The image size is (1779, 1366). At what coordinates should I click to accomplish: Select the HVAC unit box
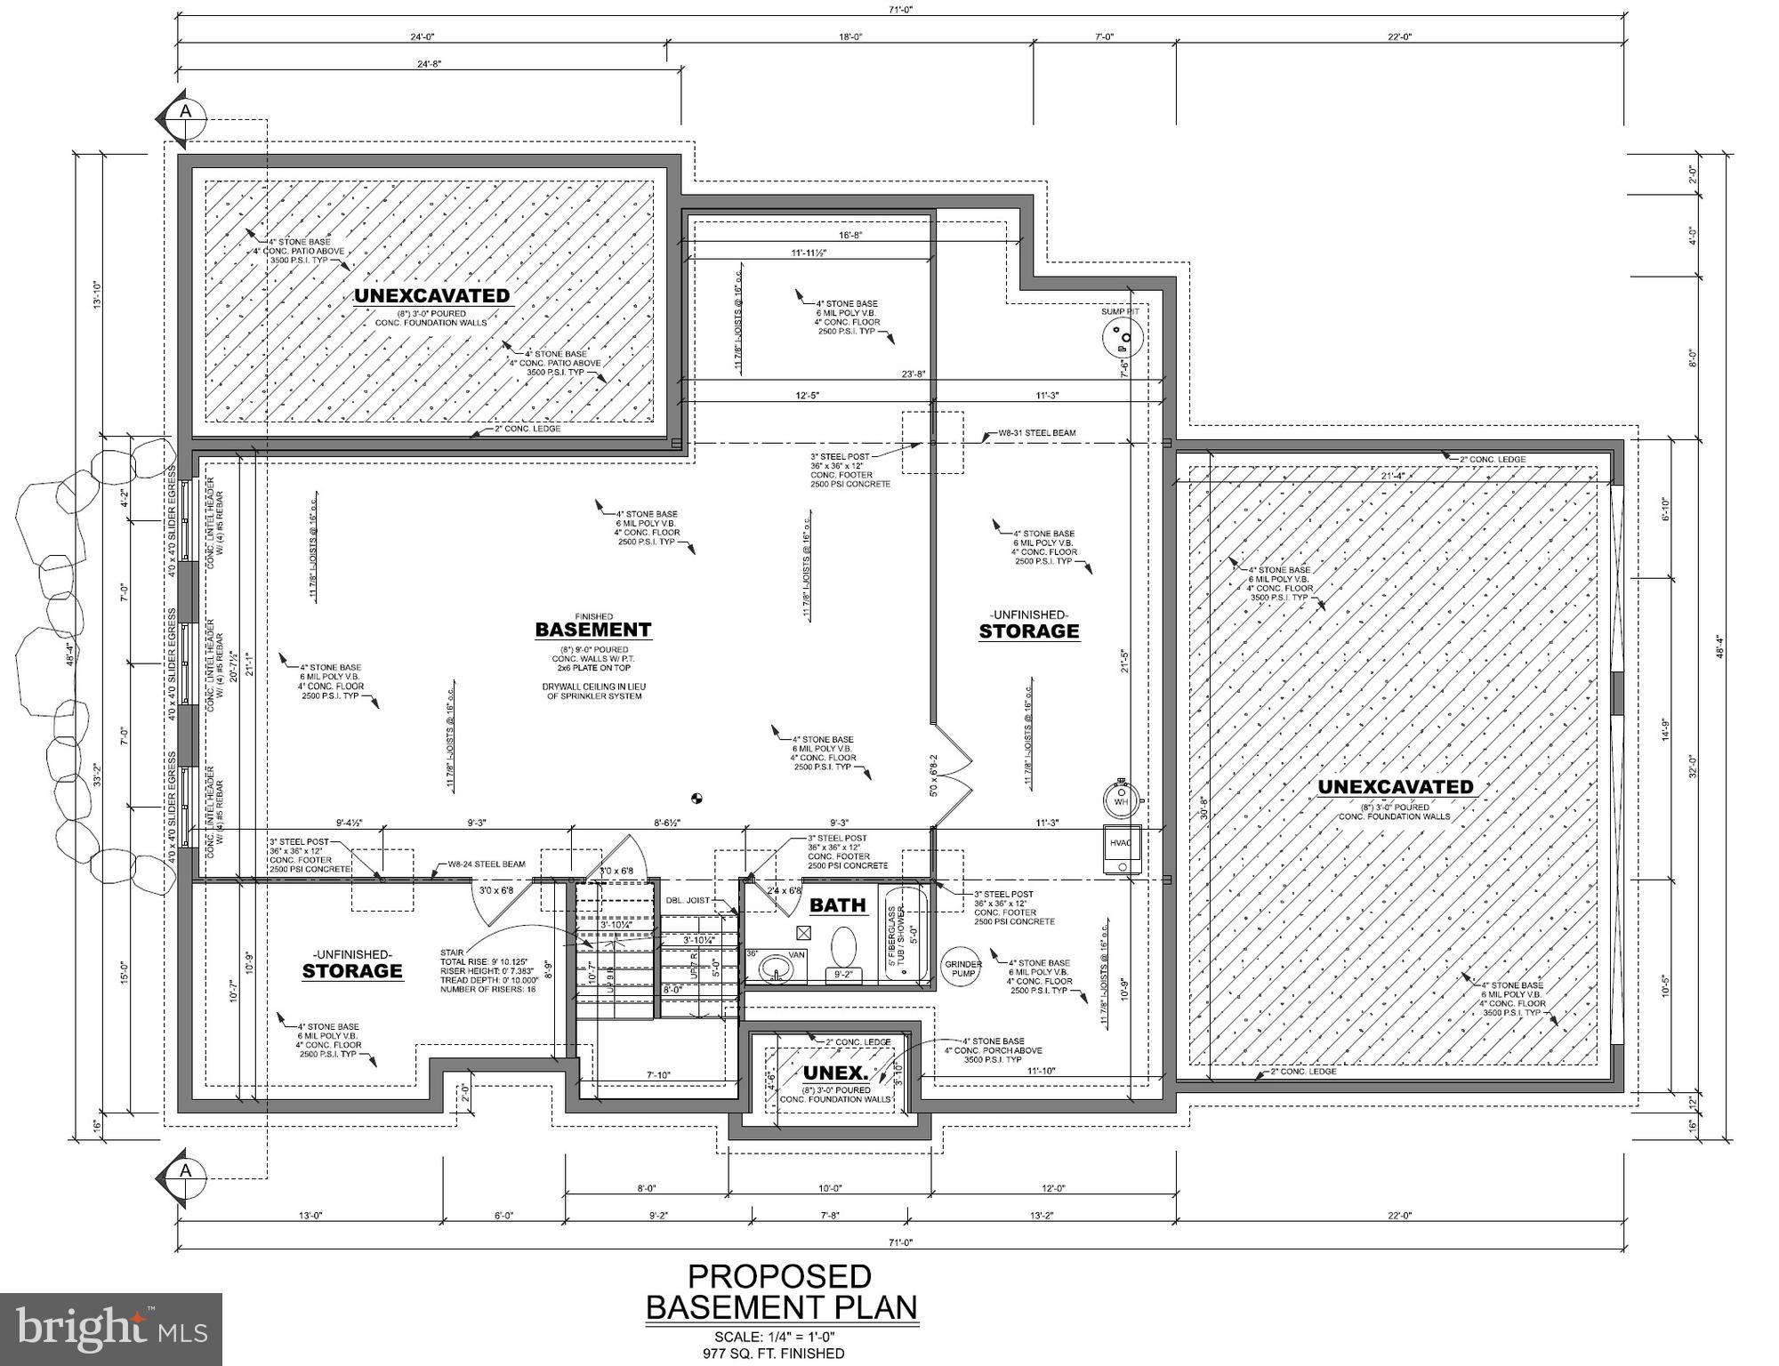pos(1122,850)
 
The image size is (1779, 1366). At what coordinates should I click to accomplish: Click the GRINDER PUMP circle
pos(962,968)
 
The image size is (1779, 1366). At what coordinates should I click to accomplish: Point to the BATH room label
pos(837,905)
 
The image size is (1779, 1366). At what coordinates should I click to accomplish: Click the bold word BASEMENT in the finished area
pos(592,630)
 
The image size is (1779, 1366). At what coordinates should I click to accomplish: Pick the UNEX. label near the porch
pos(835,1073)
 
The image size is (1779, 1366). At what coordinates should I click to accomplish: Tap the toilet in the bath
pos(842,948)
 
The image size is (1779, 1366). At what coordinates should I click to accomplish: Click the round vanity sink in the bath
pos(777,968)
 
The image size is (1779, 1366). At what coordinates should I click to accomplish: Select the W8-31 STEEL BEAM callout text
pos(1036,434)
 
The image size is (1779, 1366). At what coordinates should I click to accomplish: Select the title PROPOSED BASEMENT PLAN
pos(780,1291)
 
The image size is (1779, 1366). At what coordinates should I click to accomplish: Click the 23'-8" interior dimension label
pos(914,374)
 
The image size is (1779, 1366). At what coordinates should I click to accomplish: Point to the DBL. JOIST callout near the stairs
pos(688,900)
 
